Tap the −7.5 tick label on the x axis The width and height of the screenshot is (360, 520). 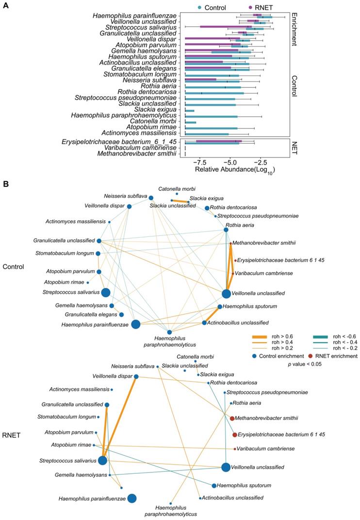click(199, 161)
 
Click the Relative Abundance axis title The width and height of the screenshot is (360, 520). click(235, 170)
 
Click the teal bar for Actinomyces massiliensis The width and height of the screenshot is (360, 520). click(207, 133)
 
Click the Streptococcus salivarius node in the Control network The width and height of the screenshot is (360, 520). click(105, 292)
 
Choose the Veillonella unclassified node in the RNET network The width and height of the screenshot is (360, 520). click(226, 467)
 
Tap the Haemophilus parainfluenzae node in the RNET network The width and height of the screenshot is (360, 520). click(131, 498)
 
